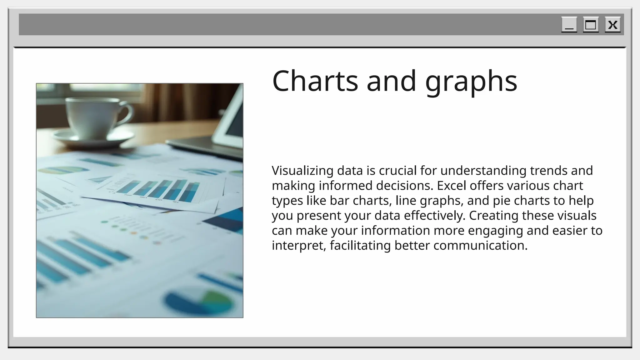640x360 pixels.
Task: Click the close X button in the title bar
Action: pyautogui.click(x=612, y=25)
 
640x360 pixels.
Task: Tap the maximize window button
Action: pyautogui.click(x=591, y=25)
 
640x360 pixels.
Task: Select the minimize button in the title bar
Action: pyautogui.click(x=569, y=25)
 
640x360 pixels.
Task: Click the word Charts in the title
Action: pyautogui.click(x=315, y=81)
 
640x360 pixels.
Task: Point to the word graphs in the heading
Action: pyautogui.click(x=471, y=82)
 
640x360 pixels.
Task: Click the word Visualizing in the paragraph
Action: pyautogui.click(x=302, y=171)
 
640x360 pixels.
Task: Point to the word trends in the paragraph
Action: pyautogui.click(x=549, y=171)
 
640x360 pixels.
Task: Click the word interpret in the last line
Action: pyautogui.click(x=299, y=246)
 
